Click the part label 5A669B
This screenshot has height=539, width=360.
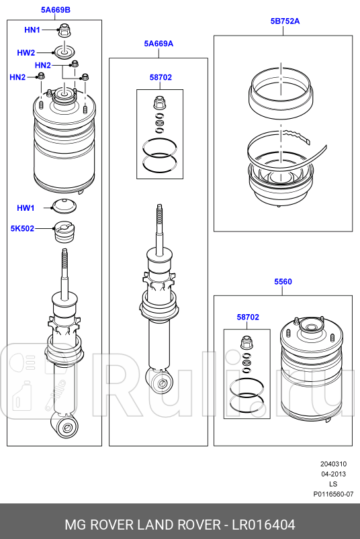(56, 9)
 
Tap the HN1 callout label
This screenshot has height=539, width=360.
(32, 30)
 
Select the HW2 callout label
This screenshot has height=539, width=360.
(26, 52)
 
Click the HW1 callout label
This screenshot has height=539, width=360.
(26, 208)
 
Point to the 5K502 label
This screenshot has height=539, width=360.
(22, 228)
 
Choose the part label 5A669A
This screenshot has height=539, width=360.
(159, 44)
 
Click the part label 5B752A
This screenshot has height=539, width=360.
(285, 21)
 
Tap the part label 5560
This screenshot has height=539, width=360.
(283, 281)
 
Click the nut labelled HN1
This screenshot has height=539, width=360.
(64, 30)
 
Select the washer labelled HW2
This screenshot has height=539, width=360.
(64, 53)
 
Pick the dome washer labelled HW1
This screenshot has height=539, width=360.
(64, 206)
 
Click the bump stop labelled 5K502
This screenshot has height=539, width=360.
(64, 232)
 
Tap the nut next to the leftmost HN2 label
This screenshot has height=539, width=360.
(40, 76)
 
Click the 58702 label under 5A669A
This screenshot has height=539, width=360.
(161, 77)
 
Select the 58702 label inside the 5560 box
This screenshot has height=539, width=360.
(248, 317)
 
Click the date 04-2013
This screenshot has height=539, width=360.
(334, 474)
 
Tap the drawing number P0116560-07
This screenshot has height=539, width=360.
(333, 494)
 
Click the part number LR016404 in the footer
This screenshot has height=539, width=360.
(263, 525)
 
